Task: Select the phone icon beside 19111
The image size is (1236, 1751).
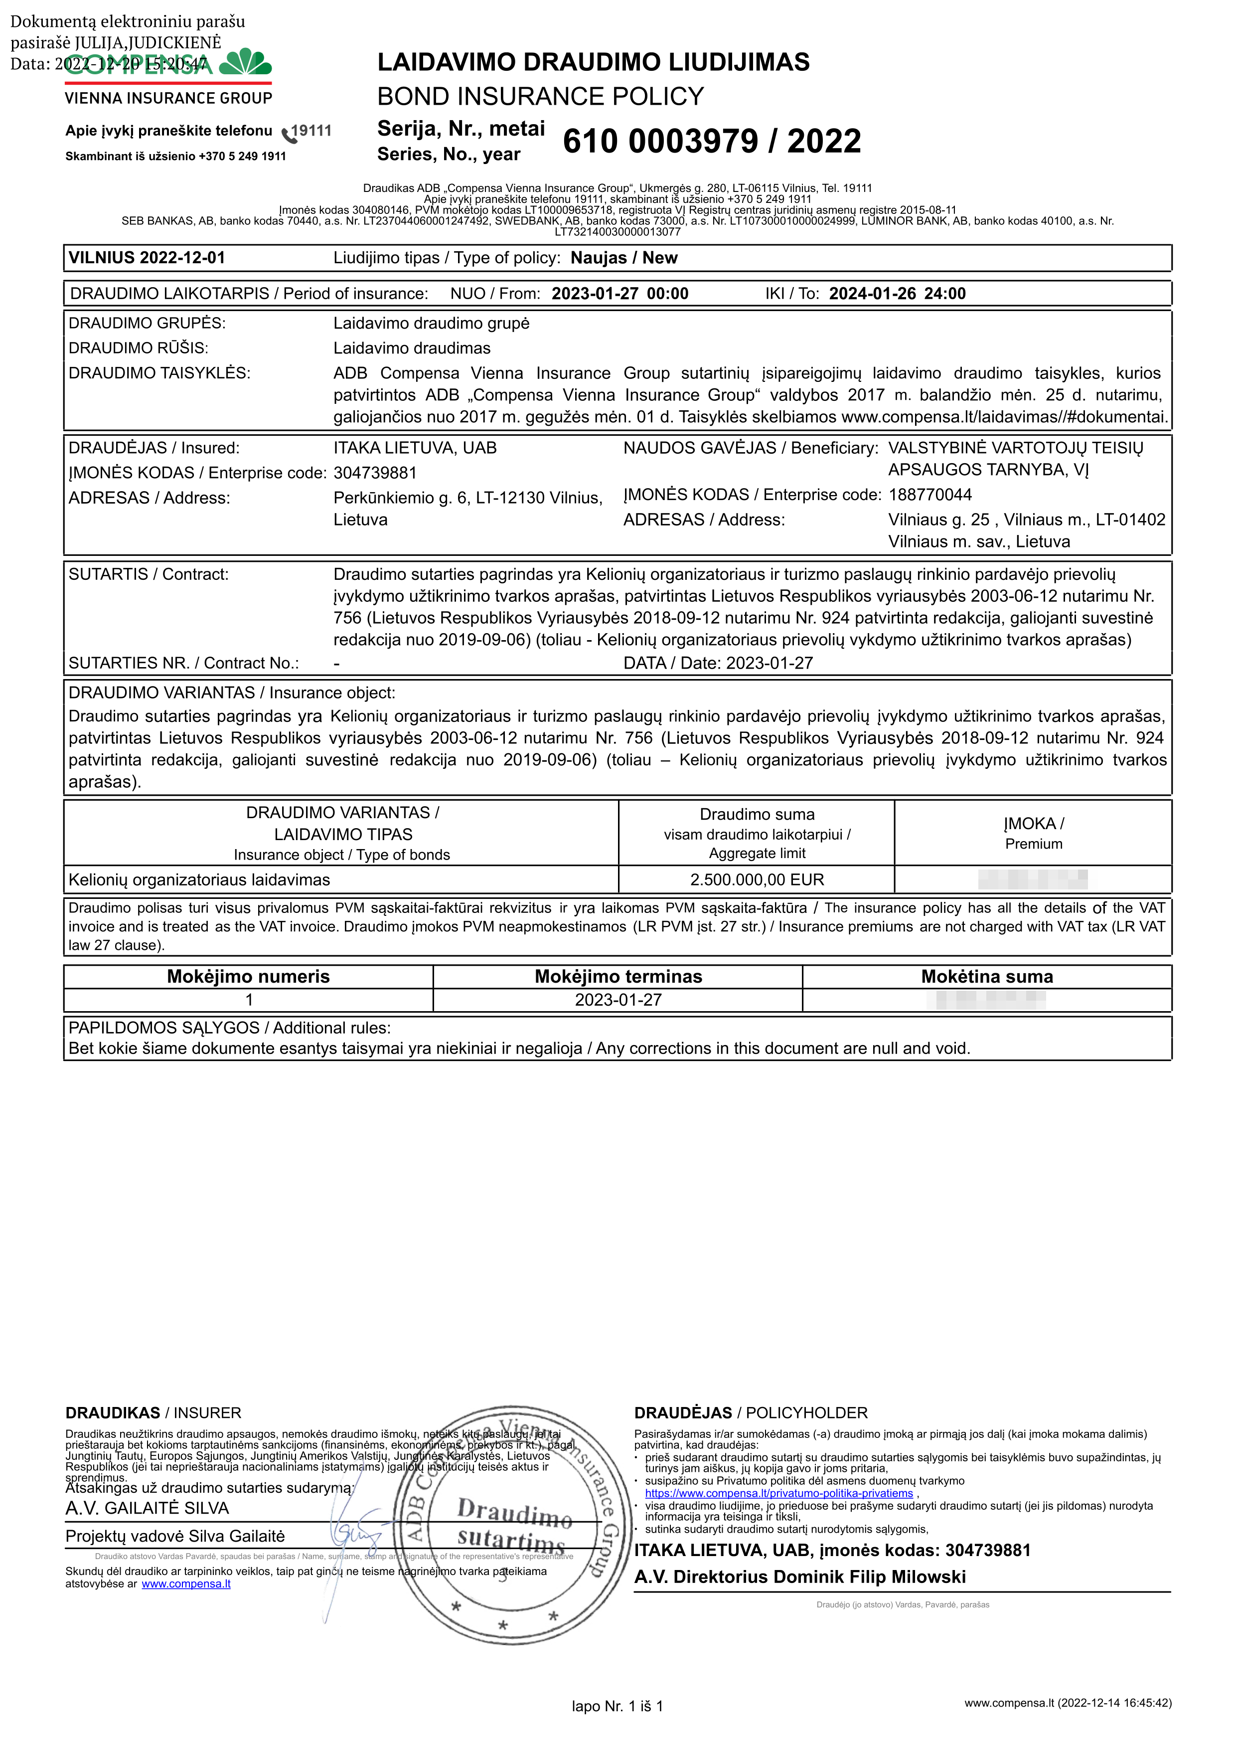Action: click(x=288, y=134)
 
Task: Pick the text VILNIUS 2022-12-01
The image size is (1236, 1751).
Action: click(x=147, y=258)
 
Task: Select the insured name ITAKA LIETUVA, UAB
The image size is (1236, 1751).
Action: click(x=415, y=448)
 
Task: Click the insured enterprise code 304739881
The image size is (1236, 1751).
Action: click(x=375, y=473)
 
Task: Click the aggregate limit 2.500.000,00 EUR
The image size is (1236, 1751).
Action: click(x=757, y=879)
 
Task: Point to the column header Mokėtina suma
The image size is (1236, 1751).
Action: click(x=987, y=976)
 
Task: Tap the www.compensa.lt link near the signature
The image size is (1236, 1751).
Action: click(x=185, y=1584)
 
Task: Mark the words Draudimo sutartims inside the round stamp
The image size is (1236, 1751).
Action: click(x=512, y=1525)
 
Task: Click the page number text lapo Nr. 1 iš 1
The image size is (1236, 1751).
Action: click(x=617, y=1706)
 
